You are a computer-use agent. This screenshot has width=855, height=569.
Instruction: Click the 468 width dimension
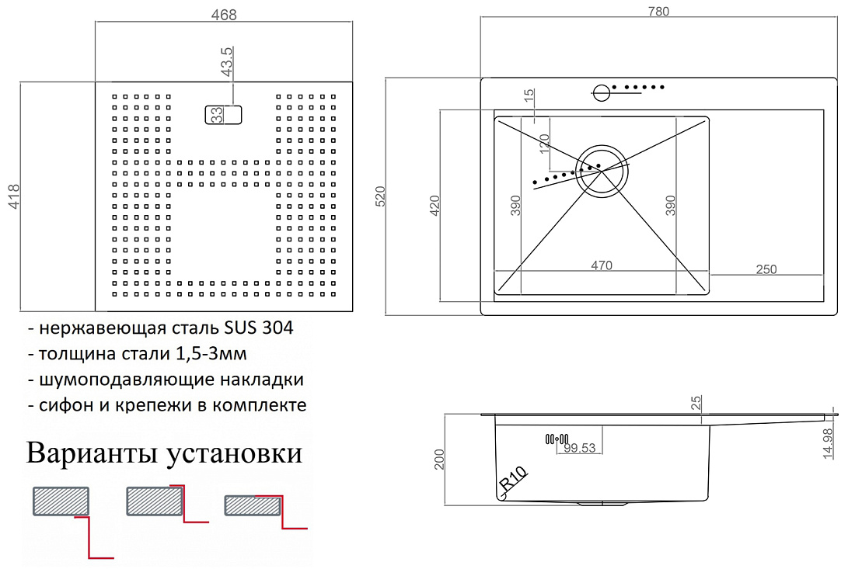pos(224,15)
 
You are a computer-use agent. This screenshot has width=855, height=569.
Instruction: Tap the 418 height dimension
pos(14,196)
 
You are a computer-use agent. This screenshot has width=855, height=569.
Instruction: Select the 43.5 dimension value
pos(226,61)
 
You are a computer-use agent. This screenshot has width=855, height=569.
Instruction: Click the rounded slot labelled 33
pos(223,115)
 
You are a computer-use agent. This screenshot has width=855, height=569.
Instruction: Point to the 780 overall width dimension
pos(658,12)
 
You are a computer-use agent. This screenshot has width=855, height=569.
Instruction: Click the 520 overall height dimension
pos(380,196)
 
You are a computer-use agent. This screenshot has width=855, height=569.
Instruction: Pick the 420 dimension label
pos(434,206)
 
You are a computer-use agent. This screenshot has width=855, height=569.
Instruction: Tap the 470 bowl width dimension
pos(602,265)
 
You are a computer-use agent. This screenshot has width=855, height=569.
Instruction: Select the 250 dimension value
pos(766,269)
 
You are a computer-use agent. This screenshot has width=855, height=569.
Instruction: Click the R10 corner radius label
pos(513,479)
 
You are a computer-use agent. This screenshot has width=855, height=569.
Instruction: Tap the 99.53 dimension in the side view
pos(580,448)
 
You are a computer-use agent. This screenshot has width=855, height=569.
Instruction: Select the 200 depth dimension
pos(439,460)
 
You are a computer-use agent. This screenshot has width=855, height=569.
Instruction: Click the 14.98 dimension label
pos(828,443)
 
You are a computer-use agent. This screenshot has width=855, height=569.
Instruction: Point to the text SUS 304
pos(259,328)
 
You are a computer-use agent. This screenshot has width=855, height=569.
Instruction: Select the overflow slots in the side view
pos(557,439)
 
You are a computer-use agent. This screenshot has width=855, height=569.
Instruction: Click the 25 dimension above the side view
pos(696,403)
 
